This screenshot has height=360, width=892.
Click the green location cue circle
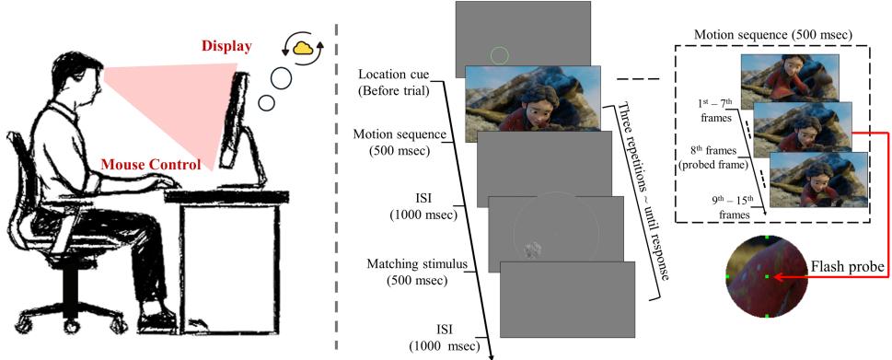[498, 56]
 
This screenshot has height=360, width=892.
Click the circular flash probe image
[767, 276]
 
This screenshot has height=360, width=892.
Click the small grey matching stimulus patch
[533, 246]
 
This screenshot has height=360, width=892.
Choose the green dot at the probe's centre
[767, 276]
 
